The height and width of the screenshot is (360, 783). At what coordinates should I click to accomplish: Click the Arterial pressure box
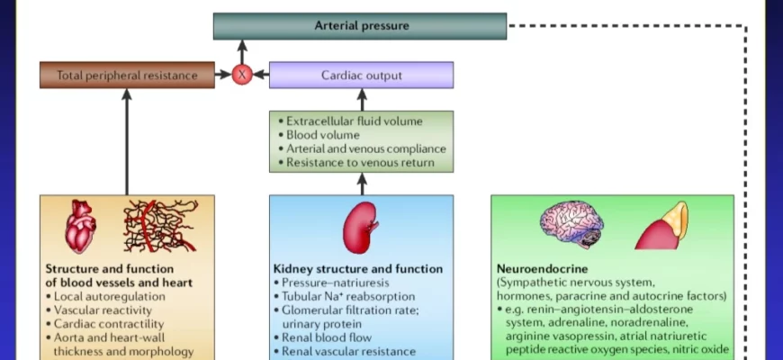pyautogui.click(x=360, y=26)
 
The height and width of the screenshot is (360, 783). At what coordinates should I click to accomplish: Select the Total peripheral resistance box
pyautogui.click(x=127, y=76)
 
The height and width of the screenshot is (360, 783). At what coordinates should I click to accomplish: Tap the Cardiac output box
pyautogui.click(x=361, y=76)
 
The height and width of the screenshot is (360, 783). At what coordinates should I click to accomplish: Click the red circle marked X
pyautogui.click(x=241, y=76)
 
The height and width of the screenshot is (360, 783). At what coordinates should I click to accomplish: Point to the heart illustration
pyautogui.click(x=79, y=226)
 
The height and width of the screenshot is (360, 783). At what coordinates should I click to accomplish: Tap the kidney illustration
pyautogui.click(x=360, y=228)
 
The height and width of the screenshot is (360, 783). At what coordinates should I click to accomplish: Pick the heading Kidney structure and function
pyautogui.click(x=357, y=269)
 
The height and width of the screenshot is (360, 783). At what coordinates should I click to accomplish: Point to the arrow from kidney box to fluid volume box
pyautogui.click(x=362, y=184)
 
